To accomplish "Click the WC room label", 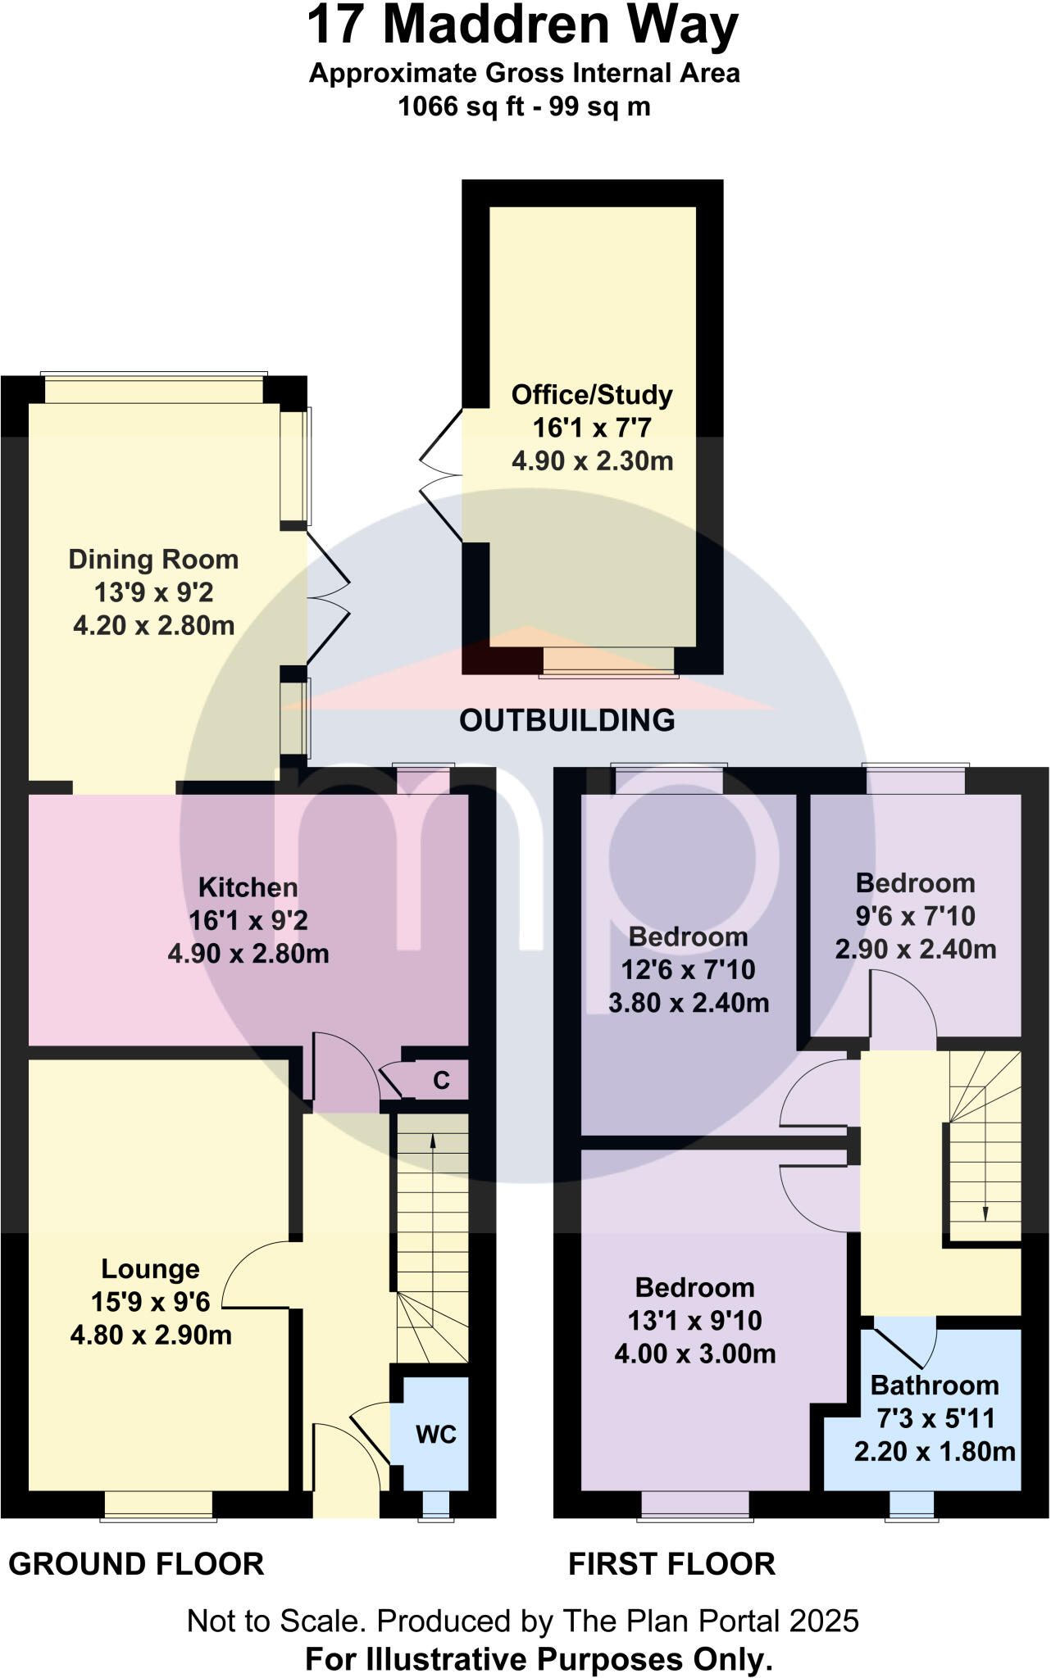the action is pos(436,1435).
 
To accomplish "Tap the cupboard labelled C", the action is pos(441,1081).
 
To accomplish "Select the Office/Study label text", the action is pos(592,395).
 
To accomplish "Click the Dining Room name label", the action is pos(153,560).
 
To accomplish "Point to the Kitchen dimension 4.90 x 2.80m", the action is pos(248,954).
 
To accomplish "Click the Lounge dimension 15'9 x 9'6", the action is pos(151,1302).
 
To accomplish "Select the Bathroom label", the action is pos(935,1385).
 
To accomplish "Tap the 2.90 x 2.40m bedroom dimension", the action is pos(916,950).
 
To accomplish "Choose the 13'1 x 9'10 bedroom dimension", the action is pos(695,1321).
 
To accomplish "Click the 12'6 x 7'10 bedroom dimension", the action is pos(689,970).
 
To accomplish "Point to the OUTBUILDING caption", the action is pos(567,720).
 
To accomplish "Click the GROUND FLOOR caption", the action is pos(136,1564).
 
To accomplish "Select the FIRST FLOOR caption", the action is pos(672,1564).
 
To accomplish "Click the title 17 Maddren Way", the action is pos(523,25).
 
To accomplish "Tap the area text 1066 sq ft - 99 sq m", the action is pos(525,107).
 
